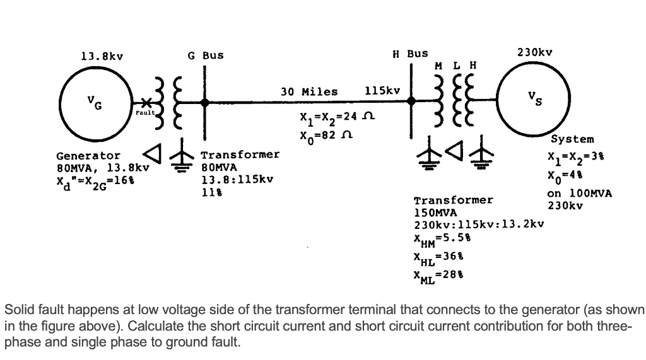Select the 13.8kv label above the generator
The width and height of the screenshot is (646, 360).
102,55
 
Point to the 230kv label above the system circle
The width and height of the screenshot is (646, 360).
534,52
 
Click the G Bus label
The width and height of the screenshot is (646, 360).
206,55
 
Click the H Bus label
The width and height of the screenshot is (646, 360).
410,54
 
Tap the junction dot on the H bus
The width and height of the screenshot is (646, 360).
411,100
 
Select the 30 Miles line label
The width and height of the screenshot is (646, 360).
309,91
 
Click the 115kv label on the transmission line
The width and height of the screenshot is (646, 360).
382,91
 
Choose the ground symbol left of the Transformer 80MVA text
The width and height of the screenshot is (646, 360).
184,153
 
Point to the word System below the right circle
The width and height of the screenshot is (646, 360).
572,139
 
